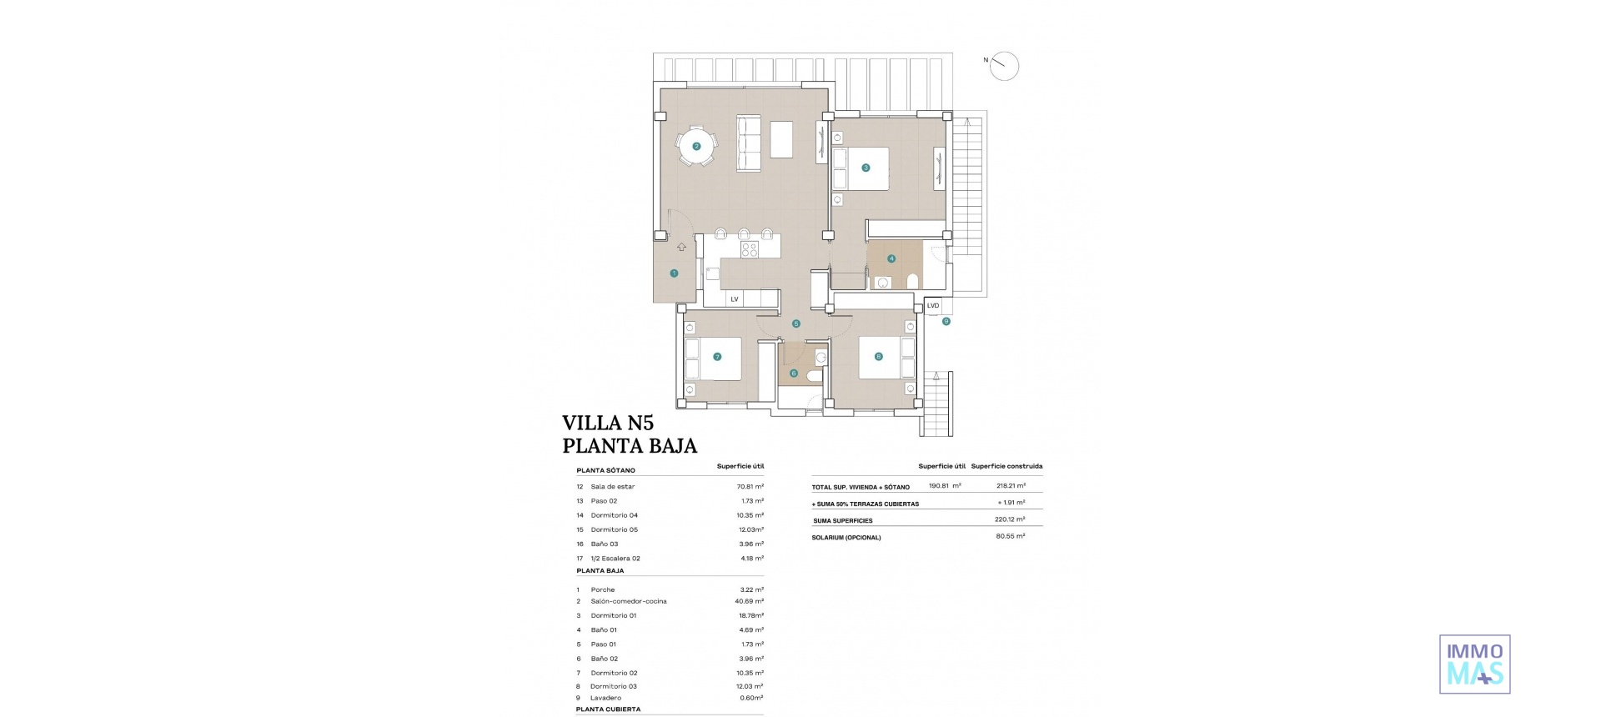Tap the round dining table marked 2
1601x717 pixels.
(x=696, y=147)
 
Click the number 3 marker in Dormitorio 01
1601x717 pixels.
(x=866, y=168)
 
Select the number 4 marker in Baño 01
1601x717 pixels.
(x=891, y=258)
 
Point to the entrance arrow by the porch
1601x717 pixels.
(x=681, y=247)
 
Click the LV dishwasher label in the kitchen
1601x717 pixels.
(x=735, y=298)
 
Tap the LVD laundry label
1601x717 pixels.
(x=933, y=306)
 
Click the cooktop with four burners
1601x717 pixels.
(x=166, y=248)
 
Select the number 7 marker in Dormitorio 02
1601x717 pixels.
(x=717, y=357)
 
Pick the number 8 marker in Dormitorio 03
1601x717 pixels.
(x=878, y=357)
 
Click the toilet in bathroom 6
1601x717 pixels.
(x=813, y=376)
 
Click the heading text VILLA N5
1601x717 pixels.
(x=608, y=423)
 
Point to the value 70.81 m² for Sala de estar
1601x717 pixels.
(x=750, y=486)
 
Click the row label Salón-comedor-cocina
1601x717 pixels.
(x=629, y=601)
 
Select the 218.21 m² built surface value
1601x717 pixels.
(x=1011, y=486)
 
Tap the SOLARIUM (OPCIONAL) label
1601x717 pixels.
(x=846, y=538)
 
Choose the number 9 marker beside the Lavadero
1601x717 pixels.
(x=946, y=321)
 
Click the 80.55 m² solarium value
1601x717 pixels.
(x=1011, y=536)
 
